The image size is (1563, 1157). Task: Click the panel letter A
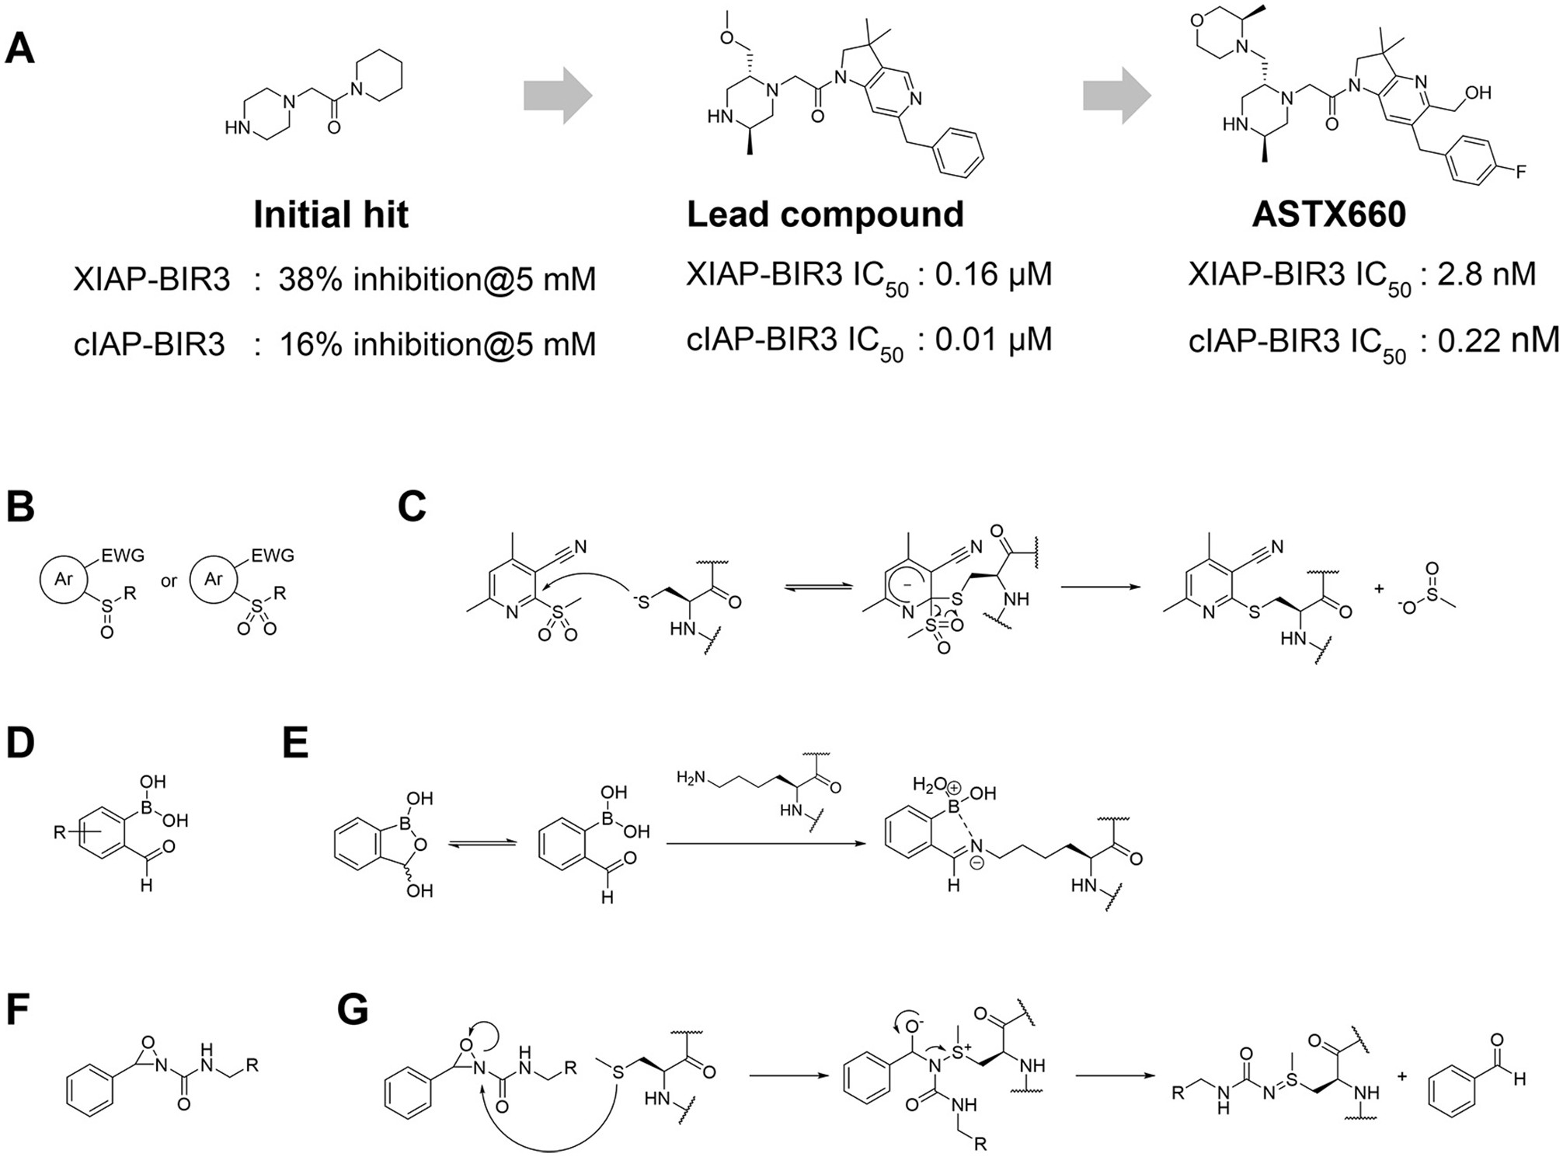click(x=20, y=50)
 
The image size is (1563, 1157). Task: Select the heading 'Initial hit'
click(x=330, y=214)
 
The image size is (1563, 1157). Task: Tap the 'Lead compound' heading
click(x=825, y=214)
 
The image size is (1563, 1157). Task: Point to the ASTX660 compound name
click(x=1328, y=214)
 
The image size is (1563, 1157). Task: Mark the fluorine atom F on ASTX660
click(x=1520, y=172)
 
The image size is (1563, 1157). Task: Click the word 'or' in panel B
click(x=169, y=581)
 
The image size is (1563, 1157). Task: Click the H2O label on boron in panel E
click(x=928, y=785)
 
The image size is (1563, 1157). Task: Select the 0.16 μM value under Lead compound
click(x=992, y=274)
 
